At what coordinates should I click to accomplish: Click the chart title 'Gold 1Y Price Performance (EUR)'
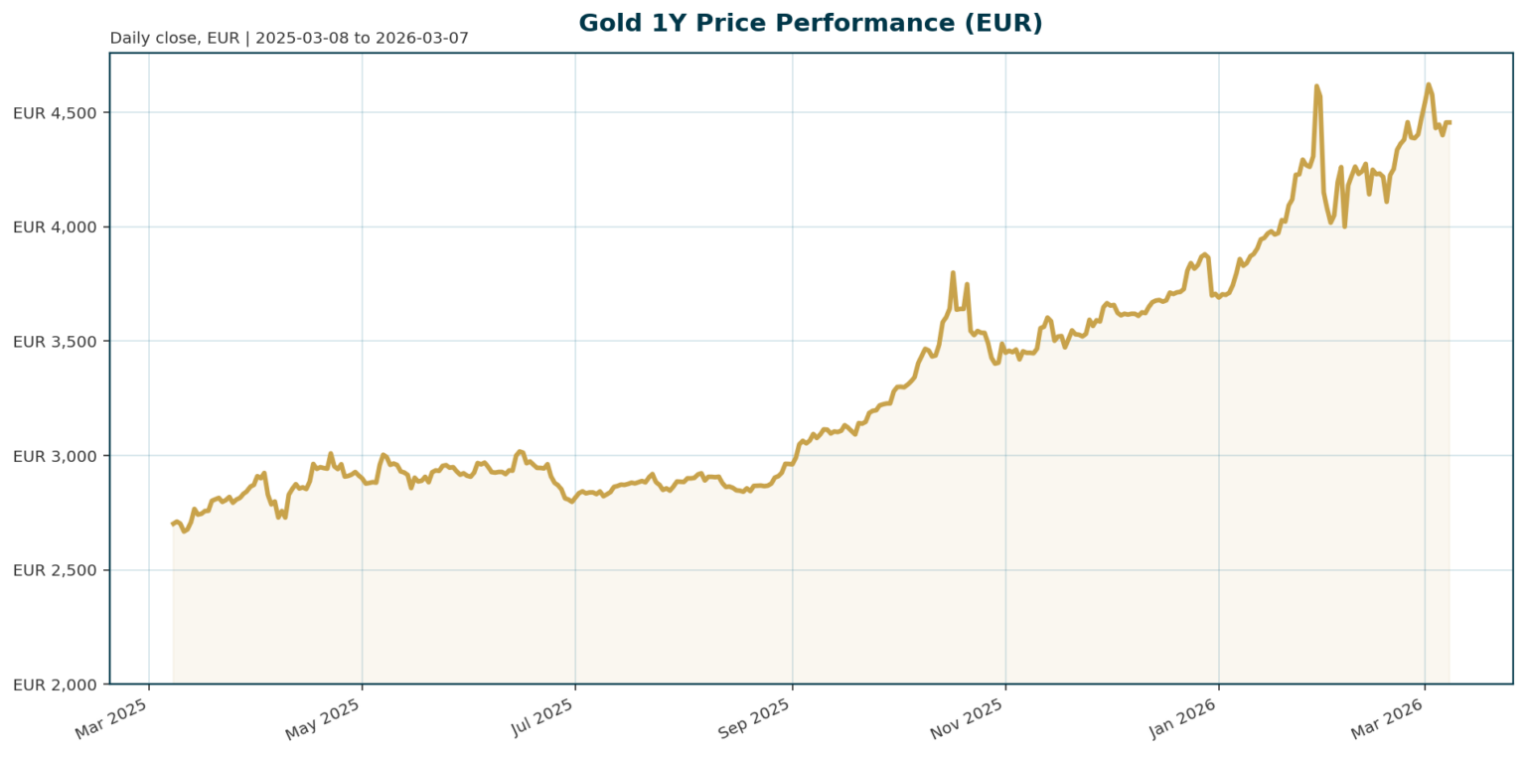coord(810,23)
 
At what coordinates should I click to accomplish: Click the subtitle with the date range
coord(289,39)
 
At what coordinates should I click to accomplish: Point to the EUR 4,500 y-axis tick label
coord(55,113)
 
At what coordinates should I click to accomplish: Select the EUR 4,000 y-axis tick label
coord(55,227)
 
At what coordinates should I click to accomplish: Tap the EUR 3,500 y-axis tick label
coord(55,342)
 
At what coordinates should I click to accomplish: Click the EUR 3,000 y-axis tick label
coord(55,456)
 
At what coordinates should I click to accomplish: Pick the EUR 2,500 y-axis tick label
coord(55,570)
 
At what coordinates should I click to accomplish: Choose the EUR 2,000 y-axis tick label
coord(55,684)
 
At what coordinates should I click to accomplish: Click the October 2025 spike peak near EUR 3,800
coord(953,272)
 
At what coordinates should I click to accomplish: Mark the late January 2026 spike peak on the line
coord(1316,86)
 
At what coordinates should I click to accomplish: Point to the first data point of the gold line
coord(173,524)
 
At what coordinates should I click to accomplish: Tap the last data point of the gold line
coord(1449,122)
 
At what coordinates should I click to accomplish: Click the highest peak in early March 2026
coord(1428,84)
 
